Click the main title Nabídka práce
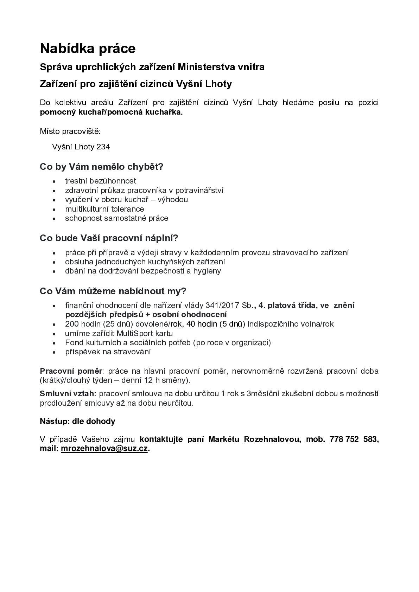click(x=88, y=49)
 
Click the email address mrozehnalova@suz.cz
click(x=104, y=449)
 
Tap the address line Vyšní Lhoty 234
click(x=81, y=147)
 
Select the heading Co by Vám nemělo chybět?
click(x=102, y=167)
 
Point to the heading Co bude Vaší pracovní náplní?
click(x=109, y=238)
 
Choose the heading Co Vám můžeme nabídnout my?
click(x=113, y=291)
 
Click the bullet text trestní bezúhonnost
click(x=101, y=181)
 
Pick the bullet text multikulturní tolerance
click(x=104, y=209)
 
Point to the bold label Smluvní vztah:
click(x=68, y=394)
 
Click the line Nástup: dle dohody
click(x=77, y=421)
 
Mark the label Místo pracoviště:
click(x=70, y=131)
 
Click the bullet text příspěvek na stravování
click(x=108, y=352)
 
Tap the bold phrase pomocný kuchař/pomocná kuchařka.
click(x=111, y=112)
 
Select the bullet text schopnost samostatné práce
click(x=117, y=218)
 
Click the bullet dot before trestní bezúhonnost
click(x=54, y=181)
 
